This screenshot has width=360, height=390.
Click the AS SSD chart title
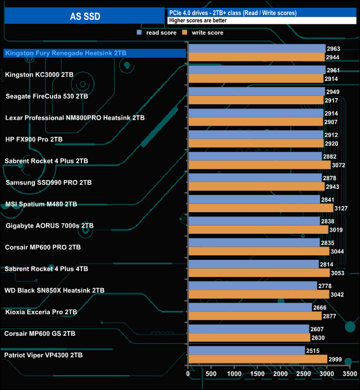pyautogui.click(x=85, y=17)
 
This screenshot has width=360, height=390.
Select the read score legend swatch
pyautogui.click(x=140, y=33)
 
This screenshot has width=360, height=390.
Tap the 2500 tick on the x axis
pyautogui.click(x=304, y=374)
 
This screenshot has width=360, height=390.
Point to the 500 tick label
pyautogui.click(x=212, y=374)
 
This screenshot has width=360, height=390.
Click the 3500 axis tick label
pyautogui.click(x=349, y=374)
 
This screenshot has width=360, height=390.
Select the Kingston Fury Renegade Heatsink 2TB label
pyautogui.click(x=66, y=53)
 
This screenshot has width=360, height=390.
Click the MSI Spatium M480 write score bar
pyautogui.click(x=260, y=208)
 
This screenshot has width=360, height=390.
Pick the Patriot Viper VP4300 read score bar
pyautogui.click(x=246, y=351)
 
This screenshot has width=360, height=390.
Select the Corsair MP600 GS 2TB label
pyautogui.click(x=39, y=333)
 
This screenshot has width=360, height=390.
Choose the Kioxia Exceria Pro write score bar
pyautogui.click(x=255, y=316)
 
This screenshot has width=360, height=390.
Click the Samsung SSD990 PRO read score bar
pyautogui.click(x=255, y=178)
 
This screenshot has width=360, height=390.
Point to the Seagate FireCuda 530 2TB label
pyautogui.click(x=47, y=96)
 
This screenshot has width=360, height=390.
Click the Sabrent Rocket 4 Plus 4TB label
pyautogui.click(x=47, y=269)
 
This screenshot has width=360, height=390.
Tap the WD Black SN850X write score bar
pyautogui.click(x=259, y=295)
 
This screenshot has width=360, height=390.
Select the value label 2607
pyautogui.click(x=317, y=329)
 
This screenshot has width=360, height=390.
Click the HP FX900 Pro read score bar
pyautogui.click(x=256, y=135)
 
